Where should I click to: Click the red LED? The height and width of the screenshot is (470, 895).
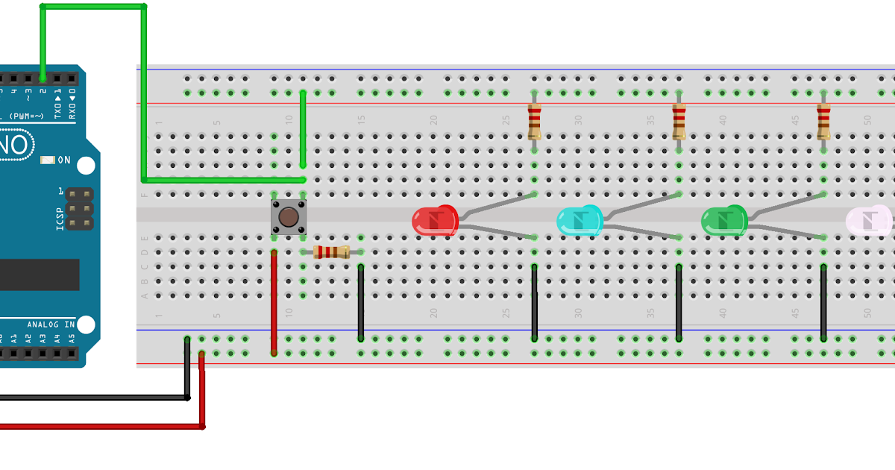tap(434, 222)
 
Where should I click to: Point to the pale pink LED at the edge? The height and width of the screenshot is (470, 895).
tap(870, 221)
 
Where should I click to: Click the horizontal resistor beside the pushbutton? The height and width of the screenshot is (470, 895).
tap(331, 252)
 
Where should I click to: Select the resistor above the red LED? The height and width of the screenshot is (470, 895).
tap(534, 122)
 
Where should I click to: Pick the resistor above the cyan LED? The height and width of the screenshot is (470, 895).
tap(679, 122)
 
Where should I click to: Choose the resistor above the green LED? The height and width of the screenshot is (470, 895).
tap(823, 122)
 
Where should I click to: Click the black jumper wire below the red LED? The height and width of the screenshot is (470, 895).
tap(534, 302)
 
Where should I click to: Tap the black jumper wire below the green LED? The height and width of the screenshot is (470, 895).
tap(823, 302)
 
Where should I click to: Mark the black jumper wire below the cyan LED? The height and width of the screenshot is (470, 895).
tap(679, 302)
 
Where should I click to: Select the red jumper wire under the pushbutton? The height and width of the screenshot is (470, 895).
tap(274, 302)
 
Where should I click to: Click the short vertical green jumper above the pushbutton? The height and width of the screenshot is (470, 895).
tap(303, 128)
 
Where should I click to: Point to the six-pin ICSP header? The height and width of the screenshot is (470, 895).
tap(79, 209)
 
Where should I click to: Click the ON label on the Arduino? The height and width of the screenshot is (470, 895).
tap(64, 160)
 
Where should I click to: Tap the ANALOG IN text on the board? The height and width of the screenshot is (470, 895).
tap(51, 325)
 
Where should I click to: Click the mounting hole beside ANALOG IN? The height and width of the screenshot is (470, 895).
tap(87, 325)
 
